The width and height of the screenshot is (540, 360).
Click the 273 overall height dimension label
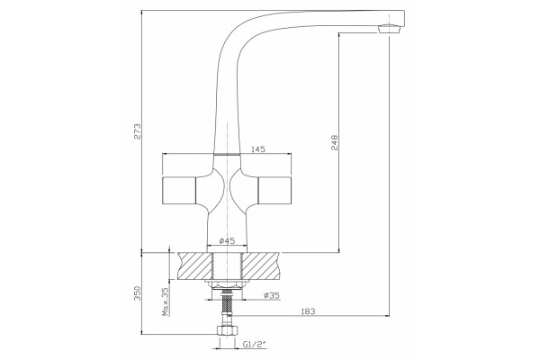138,131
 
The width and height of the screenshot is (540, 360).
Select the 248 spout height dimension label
335,142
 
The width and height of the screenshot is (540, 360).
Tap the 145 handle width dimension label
258,149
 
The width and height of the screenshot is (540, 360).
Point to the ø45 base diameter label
227,241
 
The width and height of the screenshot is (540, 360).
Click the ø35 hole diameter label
272,295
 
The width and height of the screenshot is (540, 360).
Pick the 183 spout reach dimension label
308,311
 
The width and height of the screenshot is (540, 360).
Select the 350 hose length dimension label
138,292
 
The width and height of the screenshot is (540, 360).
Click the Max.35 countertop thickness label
166,301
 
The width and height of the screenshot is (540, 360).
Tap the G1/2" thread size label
255,344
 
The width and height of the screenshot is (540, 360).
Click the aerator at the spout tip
391,29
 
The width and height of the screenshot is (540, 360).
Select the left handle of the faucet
178,190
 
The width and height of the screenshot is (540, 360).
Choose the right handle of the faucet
274,190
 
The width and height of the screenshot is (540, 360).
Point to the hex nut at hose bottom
227,330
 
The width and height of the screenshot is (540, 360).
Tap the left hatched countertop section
195,266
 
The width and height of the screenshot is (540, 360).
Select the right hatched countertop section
261,266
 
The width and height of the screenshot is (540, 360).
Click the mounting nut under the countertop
226,285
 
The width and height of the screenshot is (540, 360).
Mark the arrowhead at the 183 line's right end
387,315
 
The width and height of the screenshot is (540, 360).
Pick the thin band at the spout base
227,154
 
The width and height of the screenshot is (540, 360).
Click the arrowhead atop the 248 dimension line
339,35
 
